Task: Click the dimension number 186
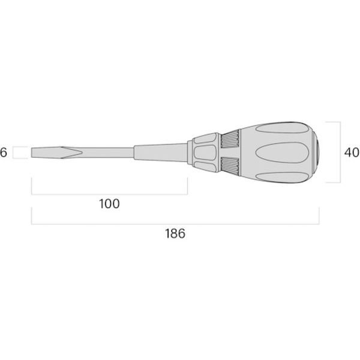point(175,233)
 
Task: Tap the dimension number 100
point(109,203)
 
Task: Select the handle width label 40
point(352,152)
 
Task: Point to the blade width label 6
point(4,152)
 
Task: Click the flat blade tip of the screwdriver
point(32,152)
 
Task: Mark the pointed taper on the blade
point(71,152)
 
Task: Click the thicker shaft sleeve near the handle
point(160,152)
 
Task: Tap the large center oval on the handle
point(282,152)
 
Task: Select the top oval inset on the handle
point(282,128)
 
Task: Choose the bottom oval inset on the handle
point(282,178)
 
